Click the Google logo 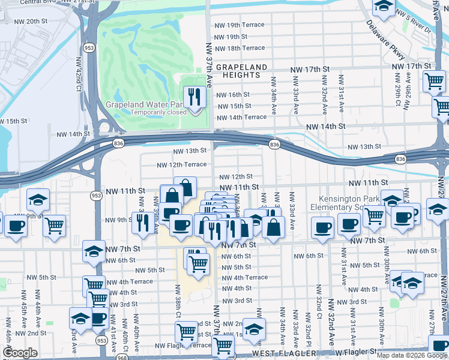pos(20,353)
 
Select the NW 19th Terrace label pos(239,25)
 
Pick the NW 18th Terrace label pos(239,48)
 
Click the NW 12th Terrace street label pos(181,165)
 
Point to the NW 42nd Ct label pos(78,74)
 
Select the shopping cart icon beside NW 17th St pos(433,81)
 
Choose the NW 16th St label pos(232,95)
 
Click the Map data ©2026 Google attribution pos(411,355)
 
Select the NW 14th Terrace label pos(240,117)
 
